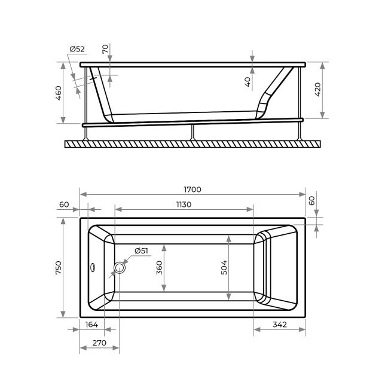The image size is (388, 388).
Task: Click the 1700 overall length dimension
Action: (x=193, y=190)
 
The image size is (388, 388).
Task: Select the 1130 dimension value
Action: (x=184, y=204)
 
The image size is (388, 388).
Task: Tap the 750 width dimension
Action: (x=59, y=268)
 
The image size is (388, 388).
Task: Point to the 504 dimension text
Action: (x=224, y=267)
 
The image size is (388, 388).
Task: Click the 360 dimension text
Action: (x=160, y=268)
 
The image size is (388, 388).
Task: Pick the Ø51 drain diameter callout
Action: (x=141, y=251)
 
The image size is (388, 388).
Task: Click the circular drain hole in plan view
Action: (x=120, y=268)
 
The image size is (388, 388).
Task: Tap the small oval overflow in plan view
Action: (x=93, y=267)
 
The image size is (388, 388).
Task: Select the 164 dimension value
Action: (x=91, y=325)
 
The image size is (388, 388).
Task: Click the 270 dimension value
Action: (x=99, y=343)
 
